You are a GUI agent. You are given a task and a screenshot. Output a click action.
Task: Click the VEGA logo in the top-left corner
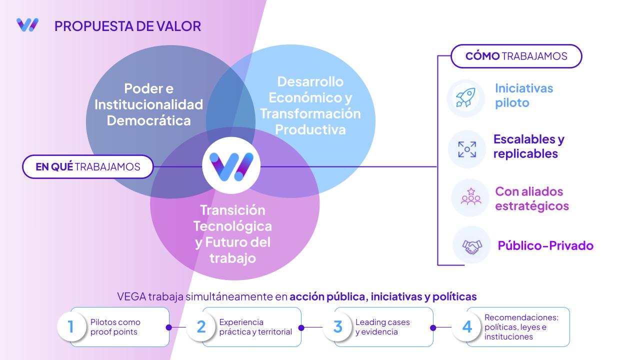pyautogui.click(x=27, y=25)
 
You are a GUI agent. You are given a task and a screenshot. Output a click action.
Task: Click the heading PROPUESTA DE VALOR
pyautogui.click(x=127, y=26)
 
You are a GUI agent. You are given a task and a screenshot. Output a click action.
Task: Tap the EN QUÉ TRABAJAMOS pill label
pyautogui.click(x=87, y=167)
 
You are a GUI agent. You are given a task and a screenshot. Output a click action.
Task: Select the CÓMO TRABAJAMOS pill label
pyautogui.click(x=516, y=56)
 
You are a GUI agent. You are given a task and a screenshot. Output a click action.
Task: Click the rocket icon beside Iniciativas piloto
pyautogui.click(x=465, y=97)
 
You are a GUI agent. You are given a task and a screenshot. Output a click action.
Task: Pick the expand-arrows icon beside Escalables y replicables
pyautogui.click(x=467, y=149)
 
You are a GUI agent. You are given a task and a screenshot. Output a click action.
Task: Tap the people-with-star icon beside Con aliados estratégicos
pyautogui.click(x=471, y=196)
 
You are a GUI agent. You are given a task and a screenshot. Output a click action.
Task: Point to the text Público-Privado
pyautogui.click(x=545, y=245)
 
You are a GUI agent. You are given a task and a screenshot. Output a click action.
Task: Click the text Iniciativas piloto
pyautogui.click(x=524, y=95)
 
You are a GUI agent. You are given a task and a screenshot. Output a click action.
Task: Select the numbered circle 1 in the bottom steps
pyautogui.click(x=71, y=326)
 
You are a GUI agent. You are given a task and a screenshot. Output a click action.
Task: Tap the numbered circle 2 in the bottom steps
pyautogui.click(x=201, y=326)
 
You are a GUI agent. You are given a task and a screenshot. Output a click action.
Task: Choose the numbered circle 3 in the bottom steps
pyautogui.click(x=337, y=326)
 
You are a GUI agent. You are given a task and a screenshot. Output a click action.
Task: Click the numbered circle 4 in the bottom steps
pyautogui.click(x=467, y=326)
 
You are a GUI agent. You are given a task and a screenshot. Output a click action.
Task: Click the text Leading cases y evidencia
pyautogui.click(x=382, y=327)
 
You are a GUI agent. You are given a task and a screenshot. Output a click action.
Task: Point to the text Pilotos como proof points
pyautogui.click(x=115, y=327)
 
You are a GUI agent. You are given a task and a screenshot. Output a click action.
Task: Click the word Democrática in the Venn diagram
pyautogui.click(x=148, y=120)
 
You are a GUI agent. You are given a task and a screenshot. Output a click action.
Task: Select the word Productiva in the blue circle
pyautogui.click(x=310, y=129)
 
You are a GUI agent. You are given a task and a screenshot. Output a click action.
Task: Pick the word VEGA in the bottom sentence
pyautogui.click(x=131, y=296)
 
